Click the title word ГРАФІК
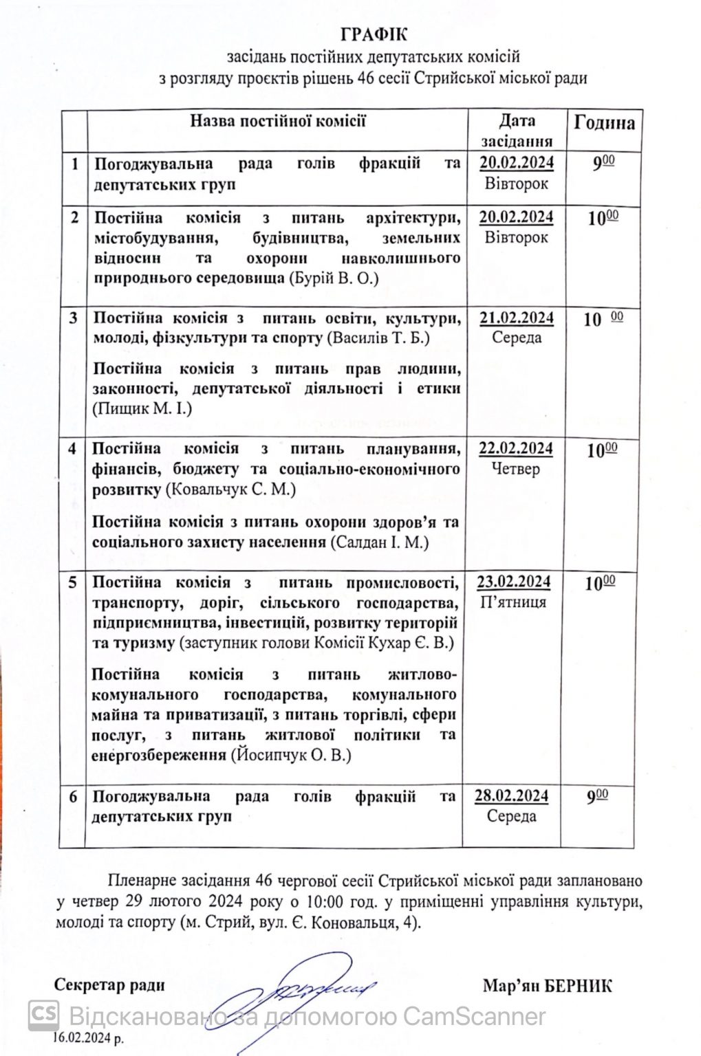373,34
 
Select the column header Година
604,123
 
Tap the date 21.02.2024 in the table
517,318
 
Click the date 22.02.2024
516,448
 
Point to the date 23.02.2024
514,582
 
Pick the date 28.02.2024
511,795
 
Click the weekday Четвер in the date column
516,469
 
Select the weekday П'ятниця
514,602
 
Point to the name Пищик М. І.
142,409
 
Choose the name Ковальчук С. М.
230,489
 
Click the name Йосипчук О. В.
292,755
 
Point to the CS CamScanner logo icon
43,1015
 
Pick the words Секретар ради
109,984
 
